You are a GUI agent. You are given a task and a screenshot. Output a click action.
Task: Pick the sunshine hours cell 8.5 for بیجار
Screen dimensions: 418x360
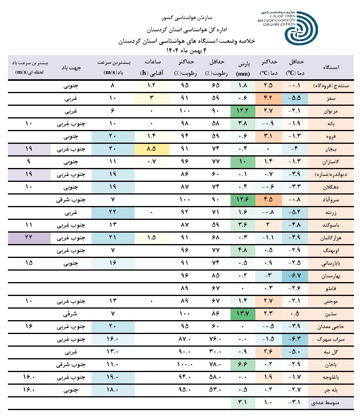[x=151, y=150]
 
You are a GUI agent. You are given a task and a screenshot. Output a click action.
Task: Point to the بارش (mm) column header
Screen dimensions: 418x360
[x=242, y=68]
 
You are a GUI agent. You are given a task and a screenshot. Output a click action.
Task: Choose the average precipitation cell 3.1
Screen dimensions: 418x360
[x=242, y=403]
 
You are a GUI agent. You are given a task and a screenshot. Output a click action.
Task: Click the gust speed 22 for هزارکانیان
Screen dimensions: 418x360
[x=28, y=238]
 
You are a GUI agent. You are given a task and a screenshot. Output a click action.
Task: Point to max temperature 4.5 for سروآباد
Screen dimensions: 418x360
[x=270, y=200]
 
